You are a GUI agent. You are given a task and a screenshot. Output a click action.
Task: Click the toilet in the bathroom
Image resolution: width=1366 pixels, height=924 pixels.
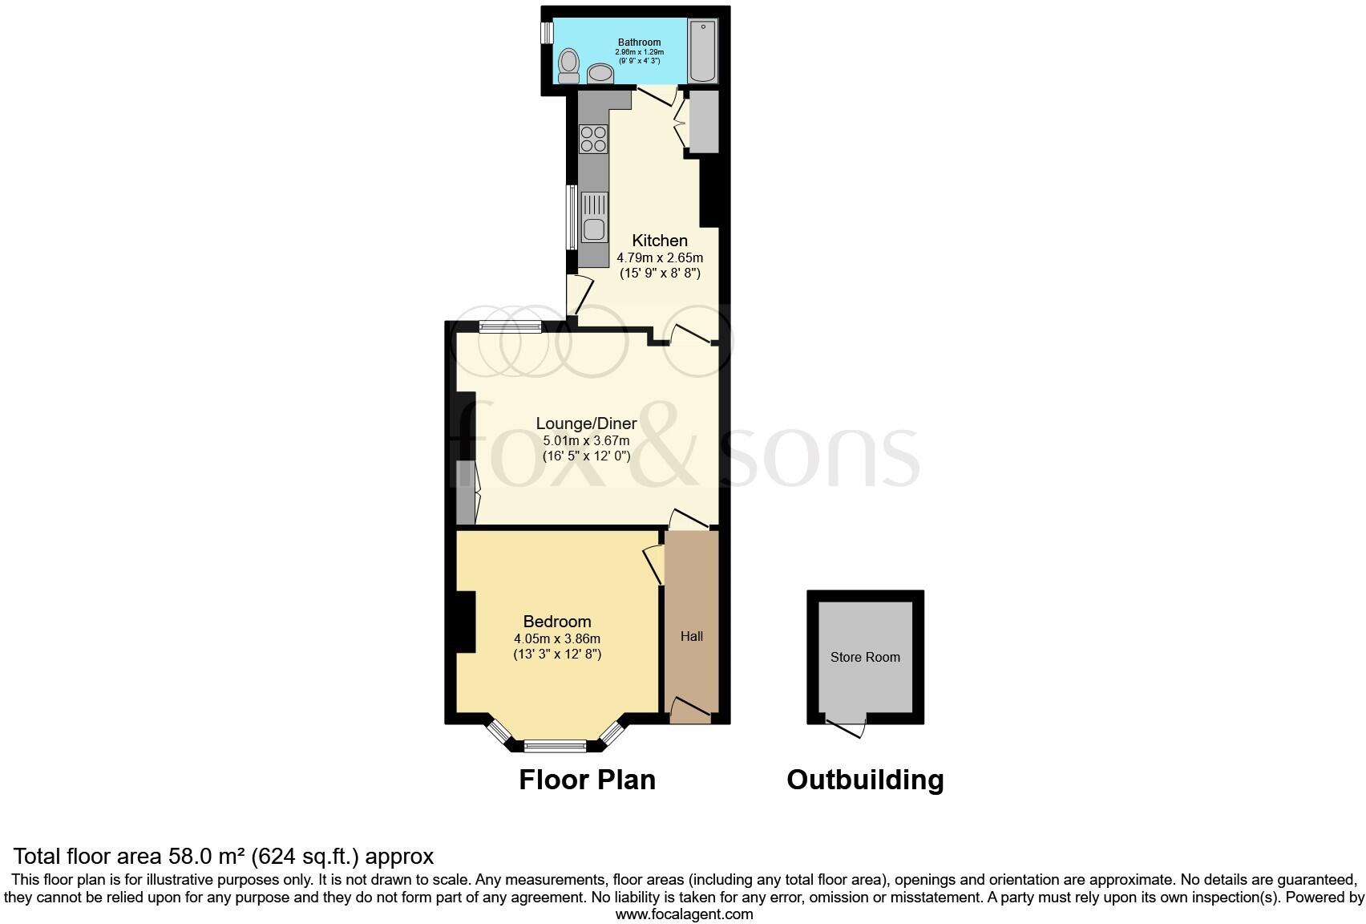pos(569,65)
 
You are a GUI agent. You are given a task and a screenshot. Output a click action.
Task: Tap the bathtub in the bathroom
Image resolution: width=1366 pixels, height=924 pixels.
pos(703,51)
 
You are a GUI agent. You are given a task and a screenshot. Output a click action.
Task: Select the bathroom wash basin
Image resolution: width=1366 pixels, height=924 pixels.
pos(600,74)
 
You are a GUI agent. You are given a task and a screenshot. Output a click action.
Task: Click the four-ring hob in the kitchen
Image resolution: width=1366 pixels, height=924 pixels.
pos(593,139)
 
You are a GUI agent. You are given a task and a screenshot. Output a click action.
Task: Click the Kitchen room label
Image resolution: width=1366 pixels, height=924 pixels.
pos(660,241)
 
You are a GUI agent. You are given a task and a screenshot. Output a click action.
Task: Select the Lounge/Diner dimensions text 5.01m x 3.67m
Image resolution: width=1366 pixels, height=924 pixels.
pos(586,440)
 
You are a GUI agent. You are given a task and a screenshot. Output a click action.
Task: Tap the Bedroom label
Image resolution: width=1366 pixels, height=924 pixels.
pos(557,622)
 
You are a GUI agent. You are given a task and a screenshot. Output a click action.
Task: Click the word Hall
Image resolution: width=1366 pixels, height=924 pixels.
pos(692,636)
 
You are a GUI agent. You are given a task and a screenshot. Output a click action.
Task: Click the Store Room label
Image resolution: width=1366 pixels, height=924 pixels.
pos(865,657)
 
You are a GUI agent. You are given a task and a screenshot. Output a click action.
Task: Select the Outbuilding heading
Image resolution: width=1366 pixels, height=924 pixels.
pos(865,780)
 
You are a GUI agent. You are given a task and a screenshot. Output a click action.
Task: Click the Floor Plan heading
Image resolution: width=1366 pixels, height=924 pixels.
pos(587,780)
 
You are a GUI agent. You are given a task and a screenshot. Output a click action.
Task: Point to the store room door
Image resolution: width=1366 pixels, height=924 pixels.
pos(847,727)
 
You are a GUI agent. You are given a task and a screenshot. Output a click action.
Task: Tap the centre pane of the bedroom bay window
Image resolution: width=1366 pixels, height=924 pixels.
pos(556,746)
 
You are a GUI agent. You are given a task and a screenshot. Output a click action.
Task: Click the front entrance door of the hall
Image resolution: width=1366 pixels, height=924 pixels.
pos(690,709)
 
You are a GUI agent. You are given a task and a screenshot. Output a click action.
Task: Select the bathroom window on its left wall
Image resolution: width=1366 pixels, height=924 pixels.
pos(547,33)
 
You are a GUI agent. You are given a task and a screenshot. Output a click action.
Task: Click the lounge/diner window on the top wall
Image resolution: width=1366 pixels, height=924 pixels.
pos(510,326)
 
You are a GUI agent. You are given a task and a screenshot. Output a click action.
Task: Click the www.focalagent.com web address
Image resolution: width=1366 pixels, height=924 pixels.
pos(684,914)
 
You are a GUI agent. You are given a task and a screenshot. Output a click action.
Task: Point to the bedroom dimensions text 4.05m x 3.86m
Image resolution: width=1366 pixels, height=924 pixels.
pos(557,639)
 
